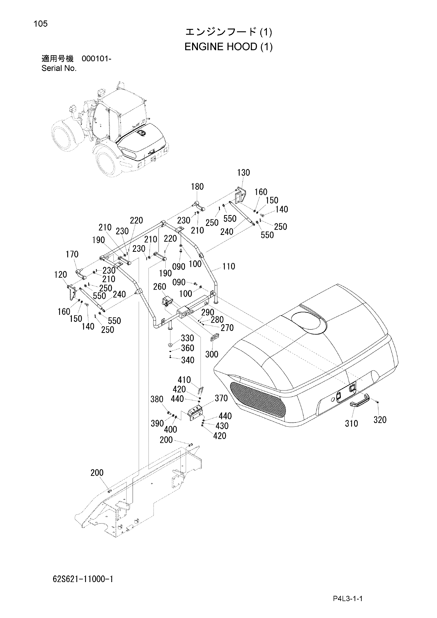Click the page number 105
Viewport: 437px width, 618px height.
pyautogui.click(x=40, y=24)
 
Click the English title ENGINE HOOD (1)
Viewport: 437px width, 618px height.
pyautogui.click(x=229, y=47)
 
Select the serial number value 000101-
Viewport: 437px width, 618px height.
pyautogui.click(x=96, y=59)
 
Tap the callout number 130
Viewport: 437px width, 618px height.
pyautogui.click(x=244, y=173)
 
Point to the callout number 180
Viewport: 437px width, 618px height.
pyautogui.click(x=197, y=187)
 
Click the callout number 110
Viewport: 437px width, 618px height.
pyautogui.click(x=229, y=266)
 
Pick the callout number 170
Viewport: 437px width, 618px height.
pyautogui.click(x=72, y=254)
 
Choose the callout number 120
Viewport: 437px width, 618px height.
pyautogui.click(x=60, y=275)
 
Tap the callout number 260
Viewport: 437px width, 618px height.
pyautogui.click(x=160, y=287)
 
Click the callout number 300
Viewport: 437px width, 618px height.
pyautogui.click(x=212, y=354)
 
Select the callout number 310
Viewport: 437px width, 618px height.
pyautogui.click(x=351, y=424)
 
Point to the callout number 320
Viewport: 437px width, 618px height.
pyautogui.click(x=380, y=420)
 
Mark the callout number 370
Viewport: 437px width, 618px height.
pyautogui.click(x=221, y=398)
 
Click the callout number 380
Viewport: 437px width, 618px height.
pyautogui.click(x=157, y=399)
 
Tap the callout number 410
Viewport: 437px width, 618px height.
pyautogui.click(x=184, y=380)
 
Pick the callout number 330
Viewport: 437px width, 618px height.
pyautogui.click(x=188, y=338)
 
